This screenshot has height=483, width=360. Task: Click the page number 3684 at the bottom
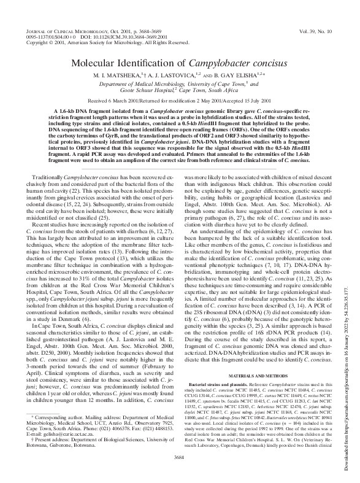pos(179,457)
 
